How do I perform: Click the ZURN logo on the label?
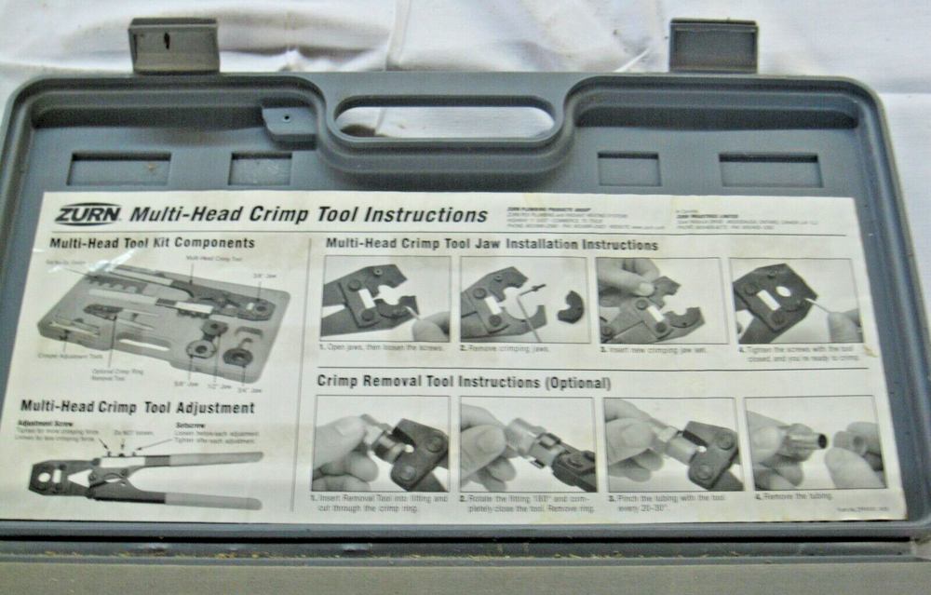click(87, 214)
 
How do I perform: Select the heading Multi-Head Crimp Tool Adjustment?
click(137, 407)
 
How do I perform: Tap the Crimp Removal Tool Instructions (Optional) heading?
click(464, 382)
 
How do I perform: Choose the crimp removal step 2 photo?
click(527, 444)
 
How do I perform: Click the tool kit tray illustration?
click(163, 317)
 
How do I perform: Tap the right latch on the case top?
click(713, 44)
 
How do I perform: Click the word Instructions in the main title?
click(424, 214)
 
